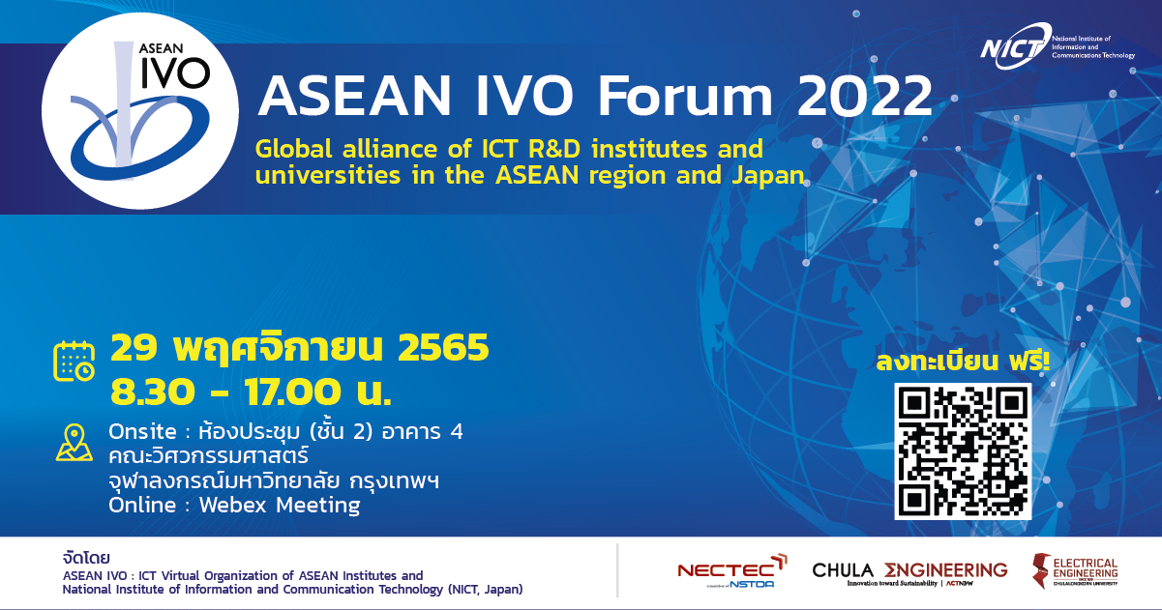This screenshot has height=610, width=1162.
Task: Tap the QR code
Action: pos(963,450)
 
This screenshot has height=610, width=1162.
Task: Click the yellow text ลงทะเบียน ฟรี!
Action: pos(962,363)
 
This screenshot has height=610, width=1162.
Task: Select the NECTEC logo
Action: pos(731,572)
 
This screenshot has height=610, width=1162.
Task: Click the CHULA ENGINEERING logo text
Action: pos(909,571)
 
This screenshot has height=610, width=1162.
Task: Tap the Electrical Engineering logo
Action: pos(1074,572)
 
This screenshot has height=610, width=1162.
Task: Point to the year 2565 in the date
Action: pos(443,348)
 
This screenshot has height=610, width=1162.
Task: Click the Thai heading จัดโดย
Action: pos(84,558)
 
